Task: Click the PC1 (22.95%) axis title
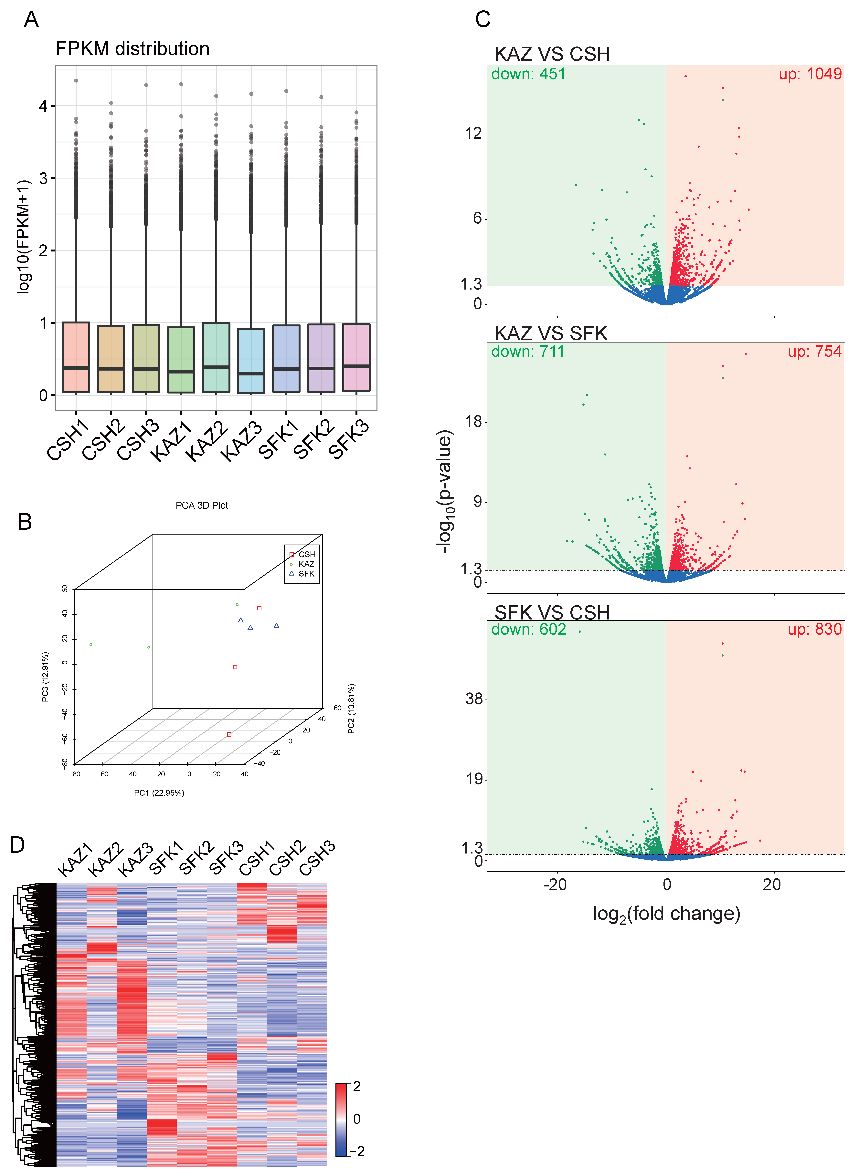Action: (159, 793)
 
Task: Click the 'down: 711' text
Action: (528, 352)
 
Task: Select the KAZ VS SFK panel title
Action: (551, 333)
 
